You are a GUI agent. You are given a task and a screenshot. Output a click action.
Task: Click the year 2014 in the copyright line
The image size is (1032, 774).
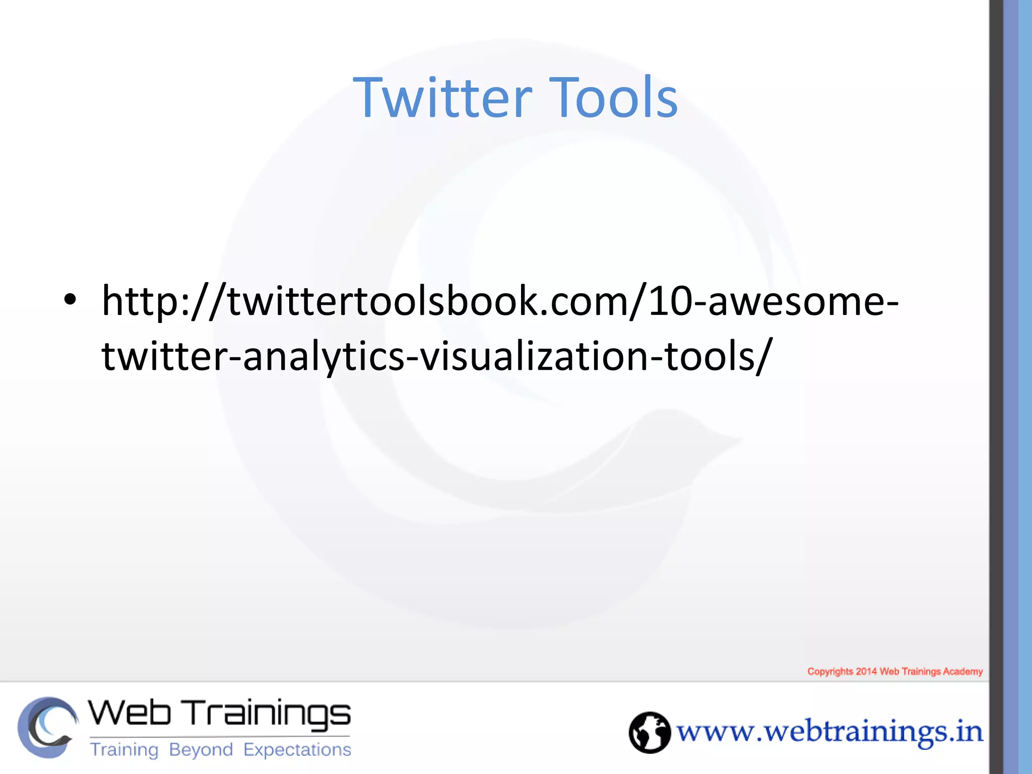coord(866,671)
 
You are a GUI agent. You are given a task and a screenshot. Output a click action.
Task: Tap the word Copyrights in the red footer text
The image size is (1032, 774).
coord(830,671)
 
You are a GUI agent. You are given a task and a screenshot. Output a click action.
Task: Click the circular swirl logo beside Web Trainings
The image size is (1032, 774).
coord(47,727)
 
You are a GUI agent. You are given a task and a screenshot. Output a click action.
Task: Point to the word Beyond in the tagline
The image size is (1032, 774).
coord(201,750)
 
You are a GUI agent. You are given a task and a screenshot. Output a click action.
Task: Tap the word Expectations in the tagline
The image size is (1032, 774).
coord(297,750)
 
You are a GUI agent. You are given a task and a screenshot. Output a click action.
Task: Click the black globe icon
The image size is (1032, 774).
coord(650,732)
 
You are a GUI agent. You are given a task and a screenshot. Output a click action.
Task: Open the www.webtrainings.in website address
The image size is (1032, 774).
coord(829,732)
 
